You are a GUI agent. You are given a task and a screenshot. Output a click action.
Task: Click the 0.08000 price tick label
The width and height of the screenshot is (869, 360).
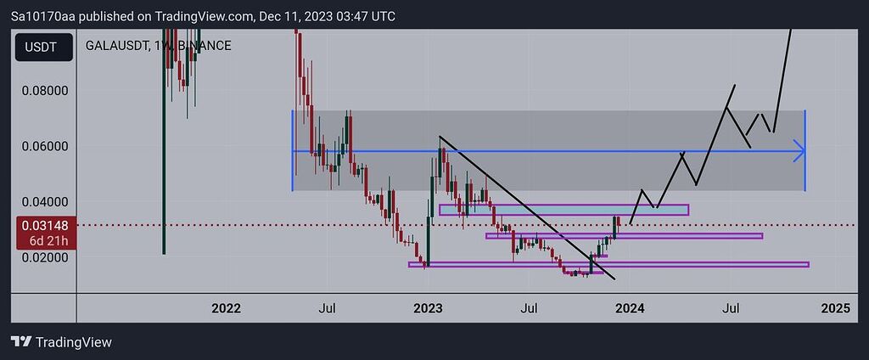pyautogui.click(x=44, y=90)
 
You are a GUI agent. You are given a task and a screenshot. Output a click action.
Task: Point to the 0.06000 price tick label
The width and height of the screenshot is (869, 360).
pyautogui.click(x=44, y=146)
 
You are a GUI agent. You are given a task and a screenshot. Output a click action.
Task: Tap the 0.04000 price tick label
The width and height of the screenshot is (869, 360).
pyautogui.click(x=44, y=202)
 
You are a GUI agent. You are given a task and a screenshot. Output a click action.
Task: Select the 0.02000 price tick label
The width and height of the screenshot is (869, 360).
pyautogui.click(x=44, y=257)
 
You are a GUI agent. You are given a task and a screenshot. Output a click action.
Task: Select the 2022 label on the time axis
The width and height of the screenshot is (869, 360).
pyautogui.click(x=227, y=308)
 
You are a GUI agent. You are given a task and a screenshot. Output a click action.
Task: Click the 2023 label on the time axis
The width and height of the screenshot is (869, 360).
pyautogui.click(x=428, y=308)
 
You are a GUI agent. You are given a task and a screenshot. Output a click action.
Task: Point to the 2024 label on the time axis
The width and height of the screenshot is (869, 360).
pyautogui.click(x=631, y=308)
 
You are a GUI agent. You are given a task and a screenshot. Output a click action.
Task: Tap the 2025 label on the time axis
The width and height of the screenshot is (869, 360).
pyautogui.click(x=835, y=308)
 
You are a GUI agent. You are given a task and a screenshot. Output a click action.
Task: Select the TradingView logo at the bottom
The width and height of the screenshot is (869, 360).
pyautogui.click(x=61, y=342)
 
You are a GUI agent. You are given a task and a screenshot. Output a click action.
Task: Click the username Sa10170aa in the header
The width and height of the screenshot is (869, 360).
pyautogui.click(x=42, y=16)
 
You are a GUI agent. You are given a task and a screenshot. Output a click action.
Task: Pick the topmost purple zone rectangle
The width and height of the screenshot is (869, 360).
pyautogui.click(x=563, y=210)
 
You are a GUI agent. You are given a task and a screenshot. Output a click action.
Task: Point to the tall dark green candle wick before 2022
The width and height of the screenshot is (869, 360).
pyautogui.click(x=164, y=170)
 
